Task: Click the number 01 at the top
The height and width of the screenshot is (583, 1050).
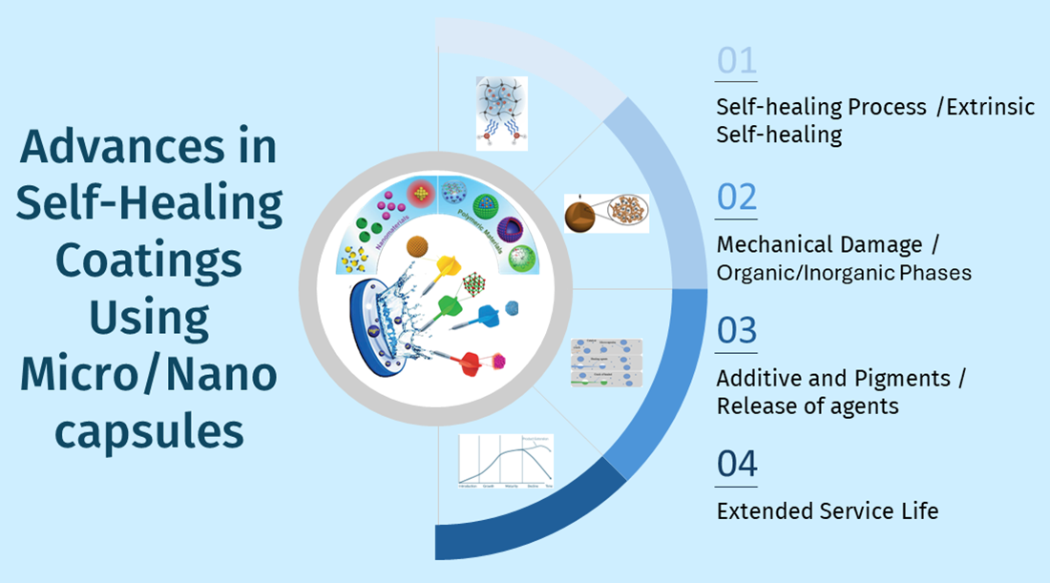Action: click(x=736, y=62)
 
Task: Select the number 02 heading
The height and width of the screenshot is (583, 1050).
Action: click(x=737, y=197)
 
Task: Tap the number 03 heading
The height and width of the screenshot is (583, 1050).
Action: click(x=737, y=330)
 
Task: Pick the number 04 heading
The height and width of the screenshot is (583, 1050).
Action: click(x=737, y=464)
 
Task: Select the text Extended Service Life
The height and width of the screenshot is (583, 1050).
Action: click(x=827, y=511)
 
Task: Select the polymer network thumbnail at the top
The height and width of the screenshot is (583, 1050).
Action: click(x=501, y=113)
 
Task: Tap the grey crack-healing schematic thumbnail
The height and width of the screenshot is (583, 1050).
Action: click(x=606, y=362)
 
